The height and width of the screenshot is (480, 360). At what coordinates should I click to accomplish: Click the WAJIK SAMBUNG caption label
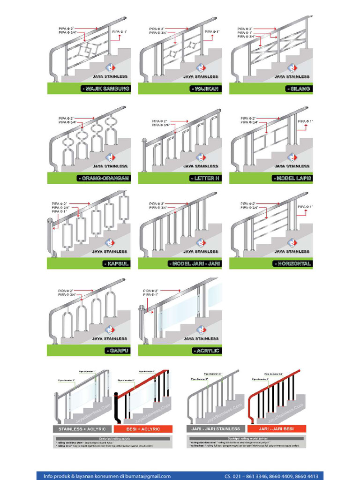click(104, 89)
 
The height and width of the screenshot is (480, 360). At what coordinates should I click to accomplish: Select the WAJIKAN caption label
click(205, 89)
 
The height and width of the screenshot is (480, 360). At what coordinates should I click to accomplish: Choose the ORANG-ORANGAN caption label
click(103, 178)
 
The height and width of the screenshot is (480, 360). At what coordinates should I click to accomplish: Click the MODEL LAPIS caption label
click(292, 178)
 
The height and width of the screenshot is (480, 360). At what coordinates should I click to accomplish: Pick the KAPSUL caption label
click(116, 264)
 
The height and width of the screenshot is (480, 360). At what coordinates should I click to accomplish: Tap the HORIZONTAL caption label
click(292, 264)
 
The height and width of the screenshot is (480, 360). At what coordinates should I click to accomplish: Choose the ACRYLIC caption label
click(206, 351)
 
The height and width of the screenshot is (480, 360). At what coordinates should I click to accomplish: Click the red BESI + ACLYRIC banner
click(143, 429)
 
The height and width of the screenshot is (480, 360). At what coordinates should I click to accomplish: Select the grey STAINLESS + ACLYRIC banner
click(82, 429)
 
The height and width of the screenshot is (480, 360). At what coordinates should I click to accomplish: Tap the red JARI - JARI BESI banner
click(276, 429)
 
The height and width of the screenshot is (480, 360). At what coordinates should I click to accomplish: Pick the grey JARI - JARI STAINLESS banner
click(216, 429)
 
